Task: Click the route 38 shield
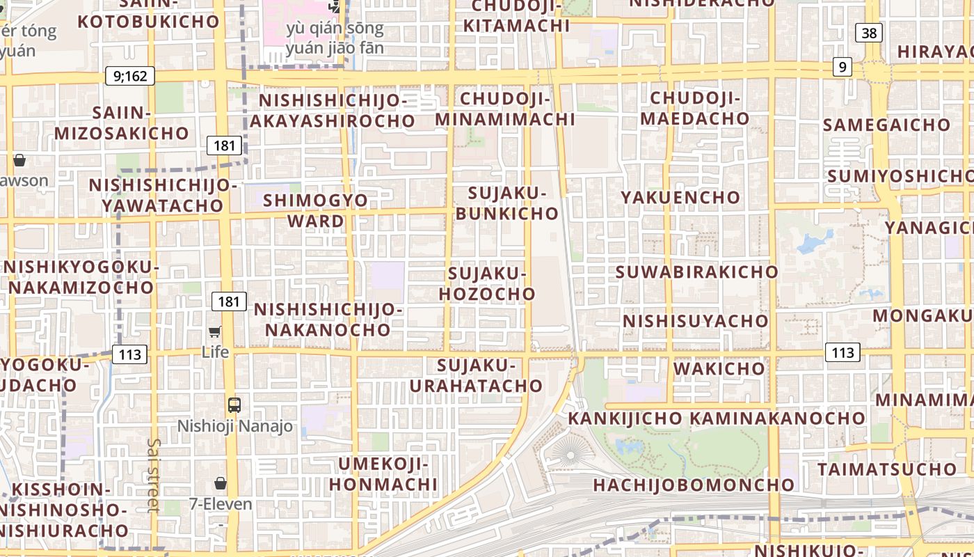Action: [870, 33]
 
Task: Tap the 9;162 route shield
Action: [130, 76]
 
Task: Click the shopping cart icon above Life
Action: [215, 332]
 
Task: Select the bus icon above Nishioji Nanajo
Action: [234, 405]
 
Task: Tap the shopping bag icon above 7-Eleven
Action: [221, 483]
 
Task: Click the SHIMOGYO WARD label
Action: [316, 210]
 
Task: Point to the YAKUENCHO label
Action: [680, 198]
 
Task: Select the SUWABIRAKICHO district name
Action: [696, 272]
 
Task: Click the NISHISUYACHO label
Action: [695, 321]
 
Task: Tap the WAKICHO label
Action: [719, 368]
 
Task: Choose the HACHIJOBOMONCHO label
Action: [694, 485]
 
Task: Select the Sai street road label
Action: [154, 476]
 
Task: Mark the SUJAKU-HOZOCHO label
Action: [487, 283]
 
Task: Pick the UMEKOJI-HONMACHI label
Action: [383, 473]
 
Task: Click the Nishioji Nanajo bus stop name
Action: [235, 426]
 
